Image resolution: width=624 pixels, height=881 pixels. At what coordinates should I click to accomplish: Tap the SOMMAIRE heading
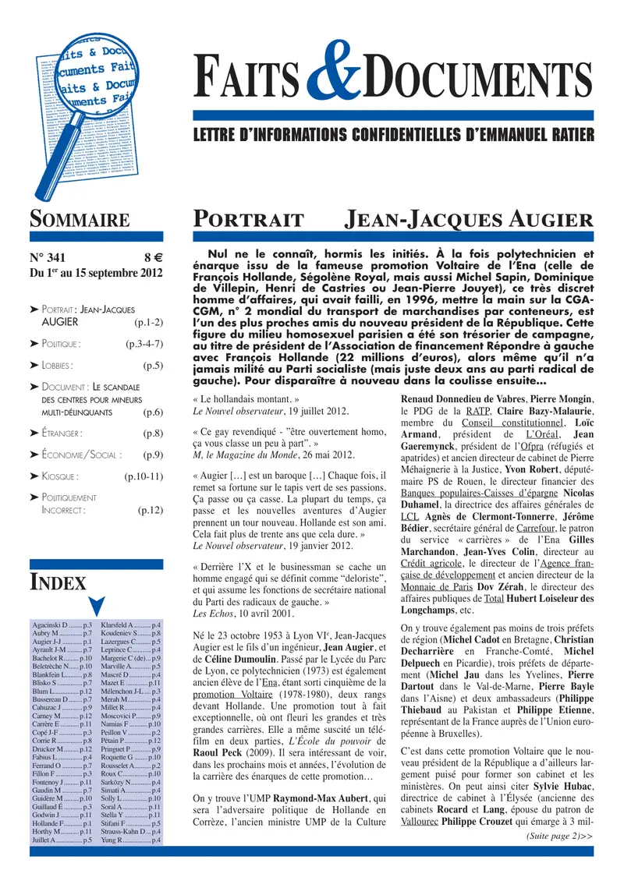(x=80, y=221)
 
